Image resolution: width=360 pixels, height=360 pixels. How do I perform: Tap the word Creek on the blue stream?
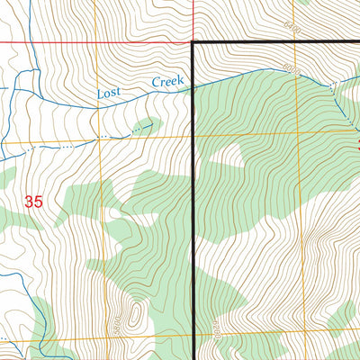tap(166, 83)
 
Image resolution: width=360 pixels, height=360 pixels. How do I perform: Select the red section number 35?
tap(33, 202)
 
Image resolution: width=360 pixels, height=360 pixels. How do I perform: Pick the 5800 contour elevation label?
tap(115, 319)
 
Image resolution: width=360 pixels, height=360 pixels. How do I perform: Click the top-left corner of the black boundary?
tap(194, 42)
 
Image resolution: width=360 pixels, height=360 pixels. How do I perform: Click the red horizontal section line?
tap(90, 41)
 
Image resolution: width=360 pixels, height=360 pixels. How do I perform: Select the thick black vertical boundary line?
tap(194, 225)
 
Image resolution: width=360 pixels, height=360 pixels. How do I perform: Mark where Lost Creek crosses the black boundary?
tap(194, 85)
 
